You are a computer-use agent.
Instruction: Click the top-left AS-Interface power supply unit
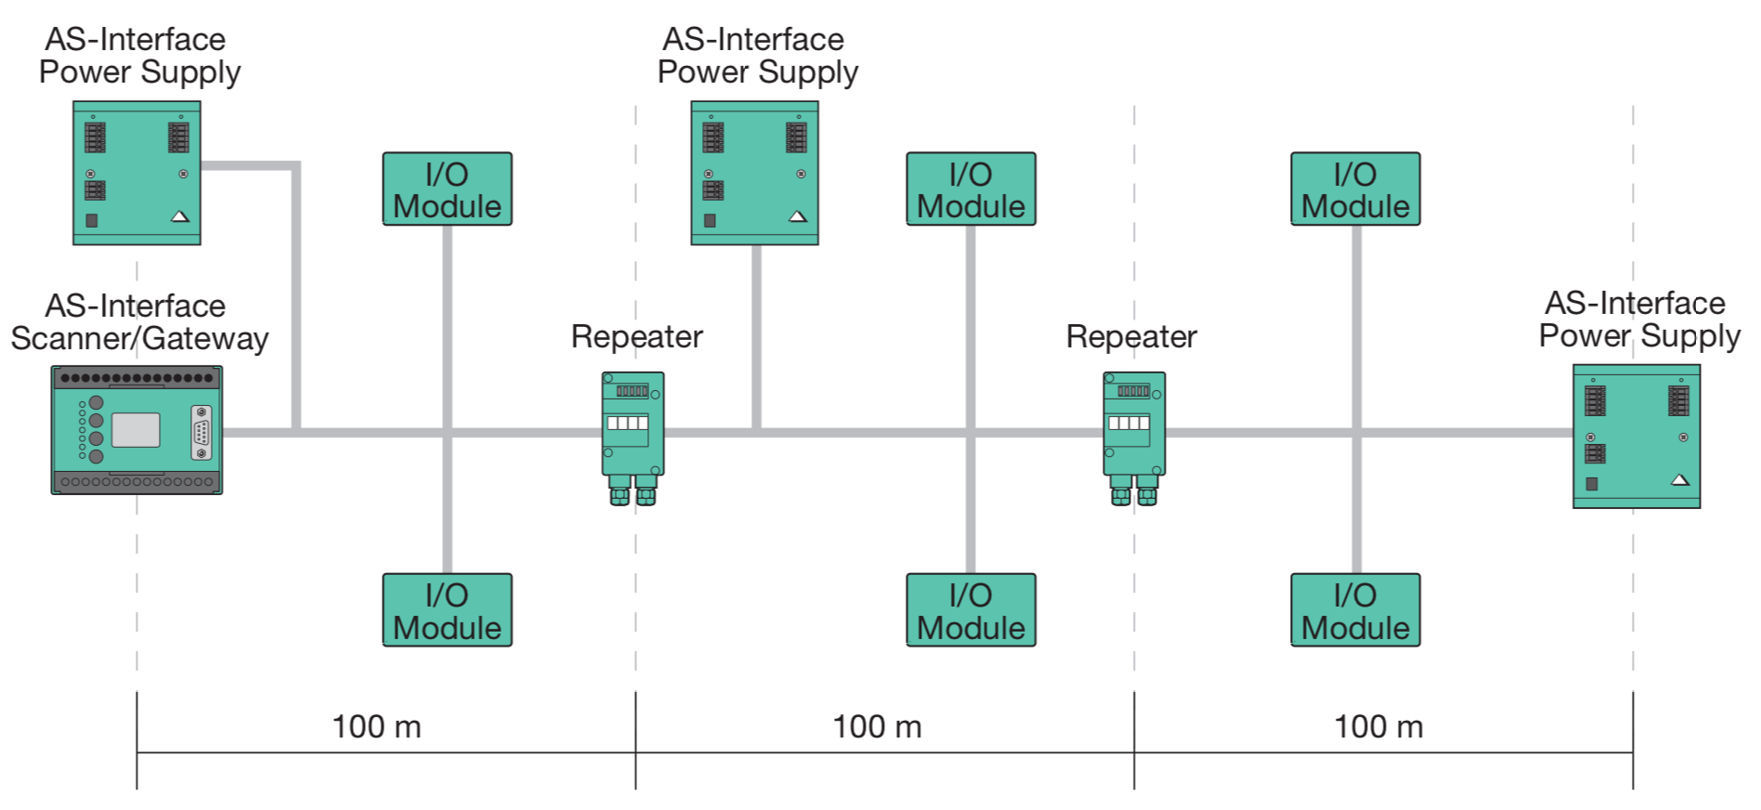[x=137, y=173]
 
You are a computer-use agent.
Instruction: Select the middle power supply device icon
[x=754, y=173]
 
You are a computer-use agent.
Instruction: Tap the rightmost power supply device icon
[x=1636, y=436]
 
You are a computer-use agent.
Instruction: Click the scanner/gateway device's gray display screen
[x=136, y=430]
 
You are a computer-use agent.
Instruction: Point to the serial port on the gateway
[x=201, y=432]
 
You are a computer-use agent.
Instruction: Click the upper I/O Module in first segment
[x=447, y=189]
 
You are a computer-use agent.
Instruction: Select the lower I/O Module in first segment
[x=447, y=610]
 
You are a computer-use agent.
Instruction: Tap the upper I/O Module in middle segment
[x=971, y=189]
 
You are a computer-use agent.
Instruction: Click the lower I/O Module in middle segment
[x=971, y=610]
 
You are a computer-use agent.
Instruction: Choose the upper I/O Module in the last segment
[x=1355, y=189]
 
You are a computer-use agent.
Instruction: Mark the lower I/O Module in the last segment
[x=1355, y=610]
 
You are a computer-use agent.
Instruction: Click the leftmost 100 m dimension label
[x=376, y=726]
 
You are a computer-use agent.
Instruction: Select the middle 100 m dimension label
[x=877, y=726]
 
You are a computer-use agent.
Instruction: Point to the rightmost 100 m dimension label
[x=1378, y=726]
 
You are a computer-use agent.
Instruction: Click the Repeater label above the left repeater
[x=636, y=336]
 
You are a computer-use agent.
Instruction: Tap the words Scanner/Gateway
[x=139, y=338]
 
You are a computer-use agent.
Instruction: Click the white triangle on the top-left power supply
[x=180, y=216]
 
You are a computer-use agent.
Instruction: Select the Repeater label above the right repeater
[x=1131, y=336]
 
